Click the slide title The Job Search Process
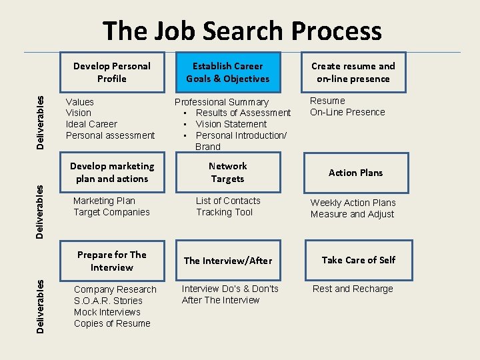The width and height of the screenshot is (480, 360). coord(242,31)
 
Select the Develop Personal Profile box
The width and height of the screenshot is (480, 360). coord(111,72)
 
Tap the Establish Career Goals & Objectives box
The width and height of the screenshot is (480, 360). coord(227,72)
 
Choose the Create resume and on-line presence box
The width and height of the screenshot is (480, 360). coord(353,72)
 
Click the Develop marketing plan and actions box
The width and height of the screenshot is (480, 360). coord(111,172)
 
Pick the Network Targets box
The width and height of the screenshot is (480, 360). coord(227,172)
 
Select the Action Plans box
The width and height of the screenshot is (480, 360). coord(355,173)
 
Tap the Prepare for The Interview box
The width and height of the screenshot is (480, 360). coord(111,261)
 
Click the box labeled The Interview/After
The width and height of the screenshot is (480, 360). coord(227,261)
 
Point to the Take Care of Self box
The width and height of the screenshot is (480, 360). coord(358,260)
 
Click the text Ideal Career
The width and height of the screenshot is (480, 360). coord(91,124)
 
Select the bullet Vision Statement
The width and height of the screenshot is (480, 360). coord(231,124)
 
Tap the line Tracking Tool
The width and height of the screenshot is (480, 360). coord(224,212)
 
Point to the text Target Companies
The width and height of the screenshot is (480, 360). coord(111,212)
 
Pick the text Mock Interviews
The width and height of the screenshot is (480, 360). coord(107,312)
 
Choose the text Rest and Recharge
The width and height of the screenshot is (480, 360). coord(353,289)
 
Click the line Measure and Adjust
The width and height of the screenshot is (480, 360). coord(352,214)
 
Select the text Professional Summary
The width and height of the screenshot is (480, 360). coord(221,102)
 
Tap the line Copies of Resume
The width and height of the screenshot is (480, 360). coord(112,323)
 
